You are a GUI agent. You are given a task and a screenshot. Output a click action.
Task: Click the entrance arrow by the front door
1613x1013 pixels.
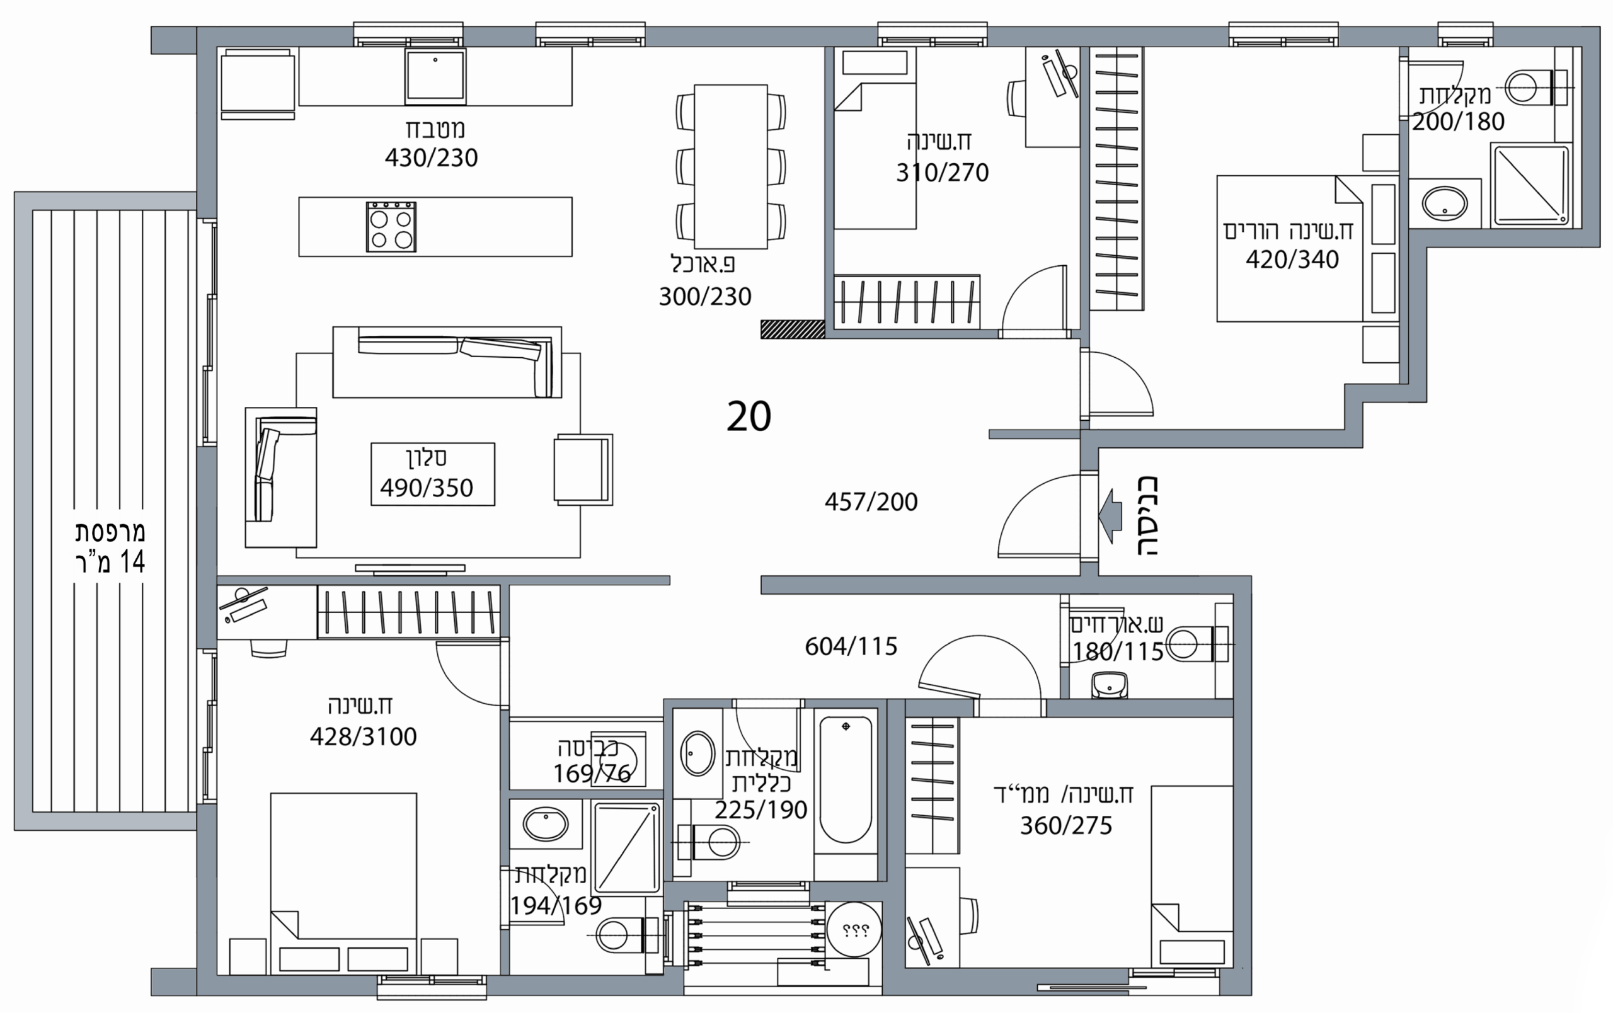click(x=1110, y=516)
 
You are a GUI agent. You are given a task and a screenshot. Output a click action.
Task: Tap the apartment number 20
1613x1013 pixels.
click(x=749, y=416)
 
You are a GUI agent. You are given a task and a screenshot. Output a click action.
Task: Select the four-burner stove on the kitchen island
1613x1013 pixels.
click(x=391, y=227)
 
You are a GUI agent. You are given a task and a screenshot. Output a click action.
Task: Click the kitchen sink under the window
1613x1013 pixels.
click(x=435, y=76)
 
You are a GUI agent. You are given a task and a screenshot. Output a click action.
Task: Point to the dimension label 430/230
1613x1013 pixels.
click(x=432, y=158)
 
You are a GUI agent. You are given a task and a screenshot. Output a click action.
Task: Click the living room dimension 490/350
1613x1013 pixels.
click(x=427, y=488)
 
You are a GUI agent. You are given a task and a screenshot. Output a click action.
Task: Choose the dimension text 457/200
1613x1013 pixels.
click(x=871, y=502)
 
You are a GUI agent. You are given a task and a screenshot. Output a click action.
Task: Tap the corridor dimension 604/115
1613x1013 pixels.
click(x=851, y=646)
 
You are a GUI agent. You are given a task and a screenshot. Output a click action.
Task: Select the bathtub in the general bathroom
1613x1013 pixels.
click(x=846, y=780)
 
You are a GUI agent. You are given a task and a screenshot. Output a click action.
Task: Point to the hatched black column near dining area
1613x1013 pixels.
click(x=793, y=329)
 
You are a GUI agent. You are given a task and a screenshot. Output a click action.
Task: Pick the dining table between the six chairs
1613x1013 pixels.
click(x=731, y=166)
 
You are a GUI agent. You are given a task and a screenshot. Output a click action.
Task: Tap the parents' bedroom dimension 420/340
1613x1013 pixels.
click(x=1292, y=260)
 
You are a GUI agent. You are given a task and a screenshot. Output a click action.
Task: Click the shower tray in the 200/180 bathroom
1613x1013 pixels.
click(x=1530, y=185)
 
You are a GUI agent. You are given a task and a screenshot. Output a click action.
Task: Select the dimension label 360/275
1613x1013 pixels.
click(x=1065, y=826)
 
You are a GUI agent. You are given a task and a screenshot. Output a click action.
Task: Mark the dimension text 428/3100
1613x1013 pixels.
click(x=363, y=737)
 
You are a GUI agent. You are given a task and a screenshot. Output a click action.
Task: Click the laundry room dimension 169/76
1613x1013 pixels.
click(x=592, y=774)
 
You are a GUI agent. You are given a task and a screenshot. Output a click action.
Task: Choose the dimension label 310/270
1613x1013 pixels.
click(x=943, y=173)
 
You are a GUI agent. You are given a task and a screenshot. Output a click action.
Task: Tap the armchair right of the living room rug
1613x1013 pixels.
click(x=583, y=469)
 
